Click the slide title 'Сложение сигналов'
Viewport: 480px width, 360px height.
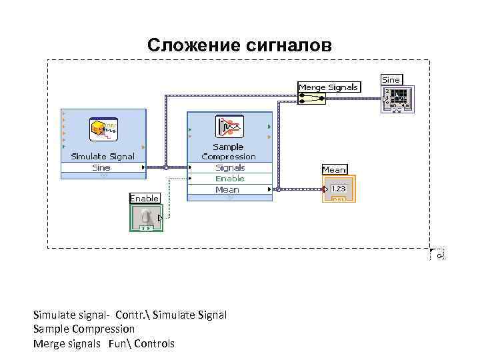tap(239, 45)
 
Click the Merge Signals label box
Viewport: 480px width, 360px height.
tap(329, 87)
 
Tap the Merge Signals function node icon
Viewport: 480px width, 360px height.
tap(311, 99)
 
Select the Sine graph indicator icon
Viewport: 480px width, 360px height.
tap(398, 99)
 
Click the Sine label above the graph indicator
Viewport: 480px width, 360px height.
tap(391, 79)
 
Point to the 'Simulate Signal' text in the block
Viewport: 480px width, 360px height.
tap(103, 157)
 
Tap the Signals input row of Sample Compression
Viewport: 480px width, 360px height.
tap(230, 168)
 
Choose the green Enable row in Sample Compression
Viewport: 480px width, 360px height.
tap(230, 179)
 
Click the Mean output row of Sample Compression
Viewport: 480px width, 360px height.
tap(229, 190)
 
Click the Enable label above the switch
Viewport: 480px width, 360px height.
tap(144, 198)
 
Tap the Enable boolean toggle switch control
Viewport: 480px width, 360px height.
tap(145, 217)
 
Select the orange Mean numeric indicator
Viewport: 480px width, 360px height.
tap(339, 189)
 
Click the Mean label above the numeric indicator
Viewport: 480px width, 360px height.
tap(334, 170)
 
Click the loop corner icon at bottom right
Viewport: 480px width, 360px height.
tap(437, 255)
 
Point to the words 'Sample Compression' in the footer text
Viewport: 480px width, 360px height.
tap(84, 329)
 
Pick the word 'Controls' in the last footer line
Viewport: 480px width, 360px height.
tap(154, 344)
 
